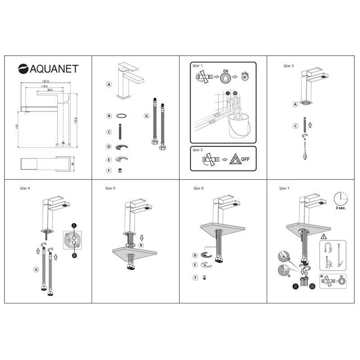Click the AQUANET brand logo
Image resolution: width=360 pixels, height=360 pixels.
point(48,68)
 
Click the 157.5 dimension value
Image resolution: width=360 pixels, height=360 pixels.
point(45,81)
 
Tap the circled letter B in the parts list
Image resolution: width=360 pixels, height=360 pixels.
point(109,116)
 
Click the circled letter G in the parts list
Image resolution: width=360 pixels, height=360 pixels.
point(146,116)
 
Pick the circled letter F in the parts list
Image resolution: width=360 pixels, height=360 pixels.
point(109,171)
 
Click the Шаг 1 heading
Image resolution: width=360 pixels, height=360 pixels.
point(198,66)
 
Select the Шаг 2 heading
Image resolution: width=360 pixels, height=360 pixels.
point(198,150)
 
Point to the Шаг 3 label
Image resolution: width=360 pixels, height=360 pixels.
point(288,66)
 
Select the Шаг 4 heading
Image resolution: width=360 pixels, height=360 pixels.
point(25,188)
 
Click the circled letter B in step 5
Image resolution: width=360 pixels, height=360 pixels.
point(141,245)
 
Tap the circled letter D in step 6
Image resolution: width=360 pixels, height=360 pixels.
point(195,255)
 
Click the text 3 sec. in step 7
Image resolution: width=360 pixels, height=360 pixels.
point(341,210)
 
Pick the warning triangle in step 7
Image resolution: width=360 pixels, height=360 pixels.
point(323,237)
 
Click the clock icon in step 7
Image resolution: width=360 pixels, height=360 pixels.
point(341,198)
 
